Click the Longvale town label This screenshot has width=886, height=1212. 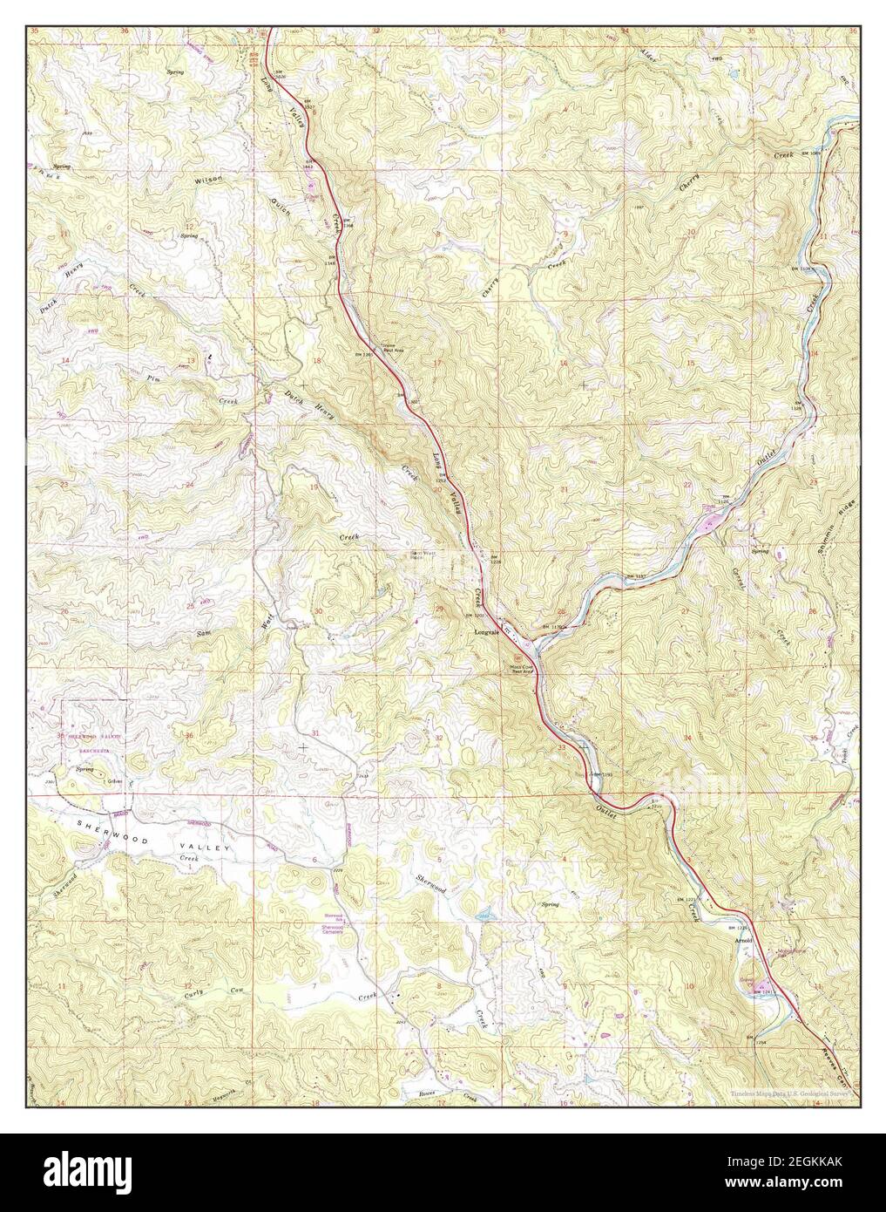pos(484,632)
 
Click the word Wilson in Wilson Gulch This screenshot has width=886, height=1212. pos(209,178)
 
